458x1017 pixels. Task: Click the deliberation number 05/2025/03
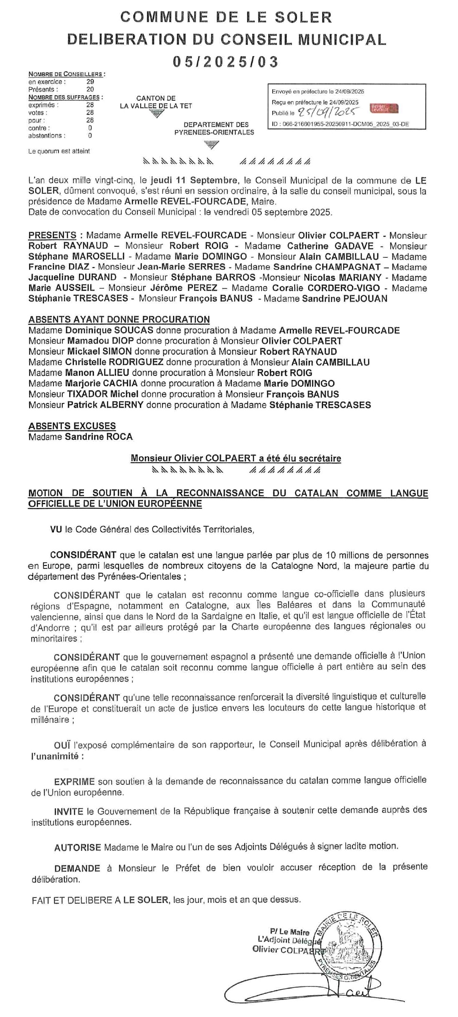[x=226, y=62]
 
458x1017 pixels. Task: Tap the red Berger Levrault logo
[x=384, y=109]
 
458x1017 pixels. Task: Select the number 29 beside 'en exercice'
[x=90, y=82]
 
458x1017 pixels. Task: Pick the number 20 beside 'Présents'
[x=90, y=89]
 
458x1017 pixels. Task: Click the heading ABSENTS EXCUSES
[x=72, y=426]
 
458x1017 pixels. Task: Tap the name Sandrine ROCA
[x=99, y=437]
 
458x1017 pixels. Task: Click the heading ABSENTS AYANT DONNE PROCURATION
[x=119, y=320]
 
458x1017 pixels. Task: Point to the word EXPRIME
[x=75, y=781]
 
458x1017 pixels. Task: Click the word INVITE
[x=69, y=812]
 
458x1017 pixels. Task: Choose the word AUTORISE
[x=78, y=847]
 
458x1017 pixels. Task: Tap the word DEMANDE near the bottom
[x=77, y=869]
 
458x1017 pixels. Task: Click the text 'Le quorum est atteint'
[x=59, y=151]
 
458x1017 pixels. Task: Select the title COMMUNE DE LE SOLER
[x=226, y=17]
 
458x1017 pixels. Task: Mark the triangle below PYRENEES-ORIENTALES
[x=212, y=145]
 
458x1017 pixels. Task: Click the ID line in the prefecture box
[x=340, y=124]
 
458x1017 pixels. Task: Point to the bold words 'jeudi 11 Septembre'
[x=194, y=181]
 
